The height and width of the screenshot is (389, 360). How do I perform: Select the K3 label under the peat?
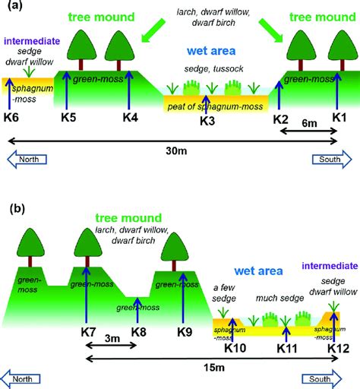tap(207, 121)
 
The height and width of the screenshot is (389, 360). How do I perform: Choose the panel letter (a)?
tap(14, 8)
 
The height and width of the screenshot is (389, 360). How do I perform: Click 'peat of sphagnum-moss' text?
tap(207, 105)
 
